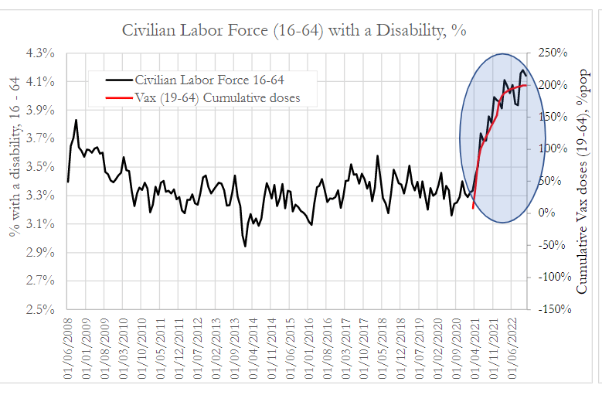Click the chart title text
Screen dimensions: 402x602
point(294,30)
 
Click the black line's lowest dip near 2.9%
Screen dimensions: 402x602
point(245,246)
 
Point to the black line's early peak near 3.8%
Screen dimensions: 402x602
point(76,120)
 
